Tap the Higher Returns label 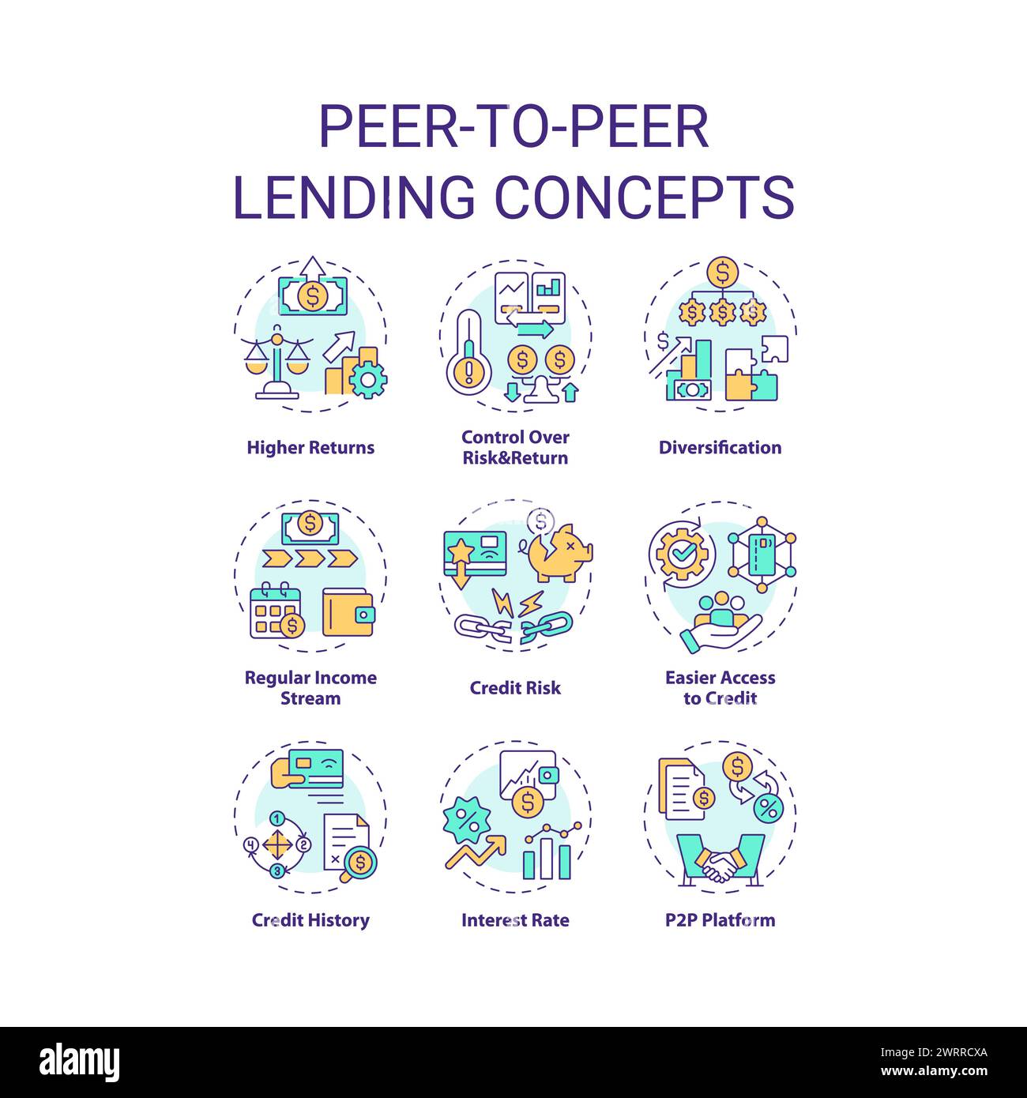point(310,448)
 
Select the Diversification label point(720,448)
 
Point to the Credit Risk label point(515,688)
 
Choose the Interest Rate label point(515,920)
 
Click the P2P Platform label point(720,920)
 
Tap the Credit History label point(310,920)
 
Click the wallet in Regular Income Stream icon point(348,612)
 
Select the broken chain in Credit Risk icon point(513,626)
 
